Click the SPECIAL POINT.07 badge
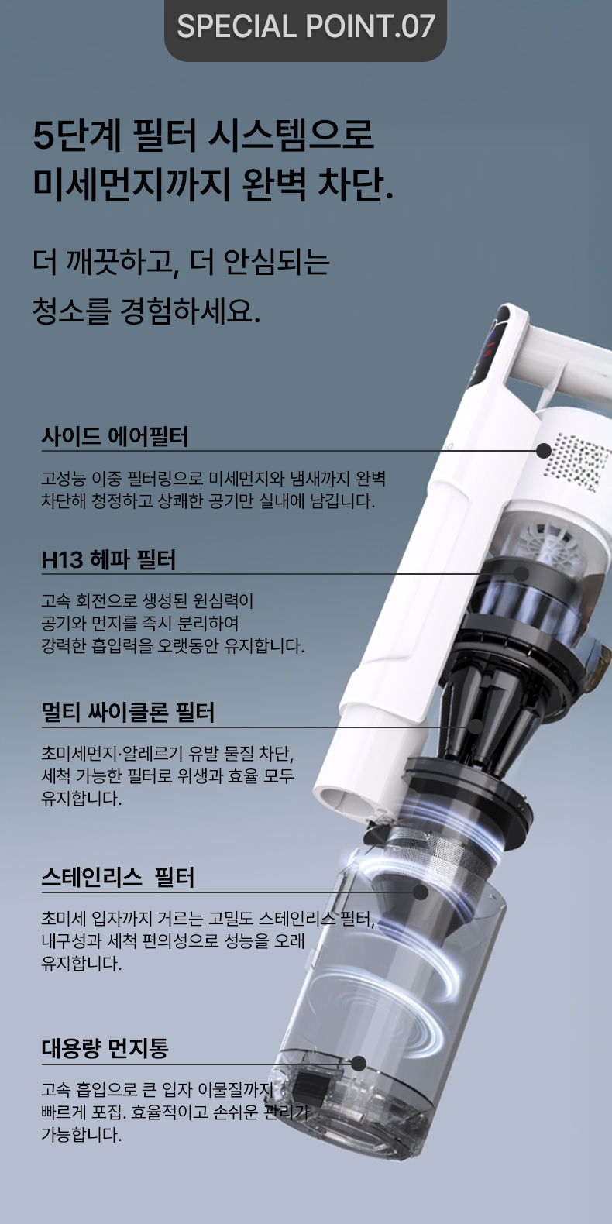[305, 27]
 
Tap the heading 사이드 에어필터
[115, 437]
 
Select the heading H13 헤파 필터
[108, 559]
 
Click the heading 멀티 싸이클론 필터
[129, 712]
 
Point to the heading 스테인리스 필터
[118, 877]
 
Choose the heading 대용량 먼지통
[105, 1048]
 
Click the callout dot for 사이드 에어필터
[544, 451]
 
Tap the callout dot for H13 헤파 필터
[522, 574]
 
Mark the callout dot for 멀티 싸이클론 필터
[476, 727]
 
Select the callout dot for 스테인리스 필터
[420, 892]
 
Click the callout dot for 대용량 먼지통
[359, 1064]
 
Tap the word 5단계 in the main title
[77, 135]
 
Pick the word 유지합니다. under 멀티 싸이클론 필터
[81, 799]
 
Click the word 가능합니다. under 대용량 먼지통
[81, 1135]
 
